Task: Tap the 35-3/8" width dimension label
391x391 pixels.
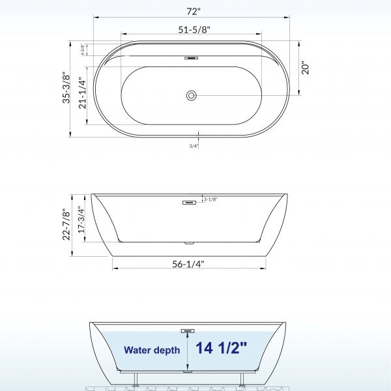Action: coord(64,91)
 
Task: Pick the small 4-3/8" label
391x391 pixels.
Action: coord(83,51)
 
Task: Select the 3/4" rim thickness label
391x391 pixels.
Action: coord(194,147)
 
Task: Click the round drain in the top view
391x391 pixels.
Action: coord(191,96)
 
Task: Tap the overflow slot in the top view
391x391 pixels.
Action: coord(190,57)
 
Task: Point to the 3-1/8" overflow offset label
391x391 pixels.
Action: coord(210,199)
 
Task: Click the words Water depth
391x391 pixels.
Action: coord(152,350)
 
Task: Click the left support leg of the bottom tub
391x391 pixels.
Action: coord(136,379)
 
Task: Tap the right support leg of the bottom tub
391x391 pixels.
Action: coord(242,379)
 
